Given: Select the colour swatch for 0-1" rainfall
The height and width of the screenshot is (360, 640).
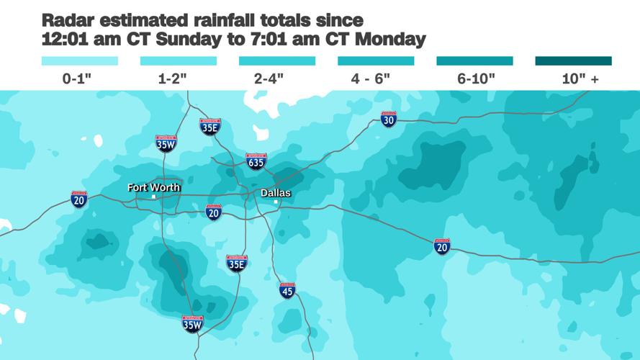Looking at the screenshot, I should coord(80,61).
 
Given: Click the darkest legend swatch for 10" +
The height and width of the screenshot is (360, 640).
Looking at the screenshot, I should coord(573,61).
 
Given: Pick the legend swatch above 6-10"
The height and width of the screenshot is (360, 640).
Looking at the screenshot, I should coord(474,61).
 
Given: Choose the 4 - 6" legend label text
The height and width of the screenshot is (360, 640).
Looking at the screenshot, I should coord(370,78).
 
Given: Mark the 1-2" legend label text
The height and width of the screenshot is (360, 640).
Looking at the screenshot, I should coord(172,78).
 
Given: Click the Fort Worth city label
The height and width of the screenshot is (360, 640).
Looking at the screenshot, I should coord(153,187).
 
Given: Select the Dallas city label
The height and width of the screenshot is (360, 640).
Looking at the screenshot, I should coord(276,192).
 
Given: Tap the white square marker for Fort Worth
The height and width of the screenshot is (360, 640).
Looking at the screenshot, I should coord(153,197).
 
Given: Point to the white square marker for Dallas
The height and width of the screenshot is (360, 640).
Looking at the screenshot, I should coord(276,202).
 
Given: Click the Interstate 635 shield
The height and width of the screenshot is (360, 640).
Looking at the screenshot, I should coord(256,161).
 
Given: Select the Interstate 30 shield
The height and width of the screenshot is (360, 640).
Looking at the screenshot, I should coord(389,120).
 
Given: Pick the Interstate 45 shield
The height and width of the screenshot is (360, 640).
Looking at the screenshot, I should coord(287,291).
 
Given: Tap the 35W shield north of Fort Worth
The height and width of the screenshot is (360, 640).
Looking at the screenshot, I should coord(166,143).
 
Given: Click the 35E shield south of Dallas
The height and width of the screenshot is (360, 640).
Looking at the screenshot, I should coord(237,263).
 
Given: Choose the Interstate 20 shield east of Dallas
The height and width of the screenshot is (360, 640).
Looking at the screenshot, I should coord(442,247).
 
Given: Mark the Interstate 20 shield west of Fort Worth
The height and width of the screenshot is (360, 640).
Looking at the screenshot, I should coord(79,199).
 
